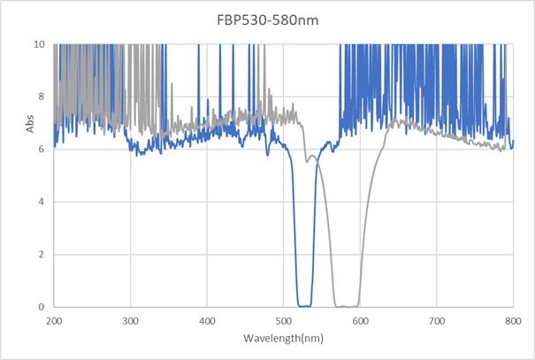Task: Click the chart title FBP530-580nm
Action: (x=267, y=17)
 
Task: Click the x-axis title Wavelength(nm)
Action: (x=283, y=339)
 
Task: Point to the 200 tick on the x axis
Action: (x=54, y=319)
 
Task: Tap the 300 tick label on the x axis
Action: (x=131, y=319)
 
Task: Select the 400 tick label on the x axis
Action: (x=207, y=319)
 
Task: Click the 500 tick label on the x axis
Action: (x=284, y=319)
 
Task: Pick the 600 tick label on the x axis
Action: (x=360, y=319)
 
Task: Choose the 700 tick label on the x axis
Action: (x=437, y=319)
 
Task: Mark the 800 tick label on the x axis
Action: (x=513, y=319)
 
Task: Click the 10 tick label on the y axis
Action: (x=41, y=43)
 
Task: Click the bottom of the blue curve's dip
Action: (x=303, y=306)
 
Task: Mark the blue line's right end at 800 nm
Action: (x=513, y=142)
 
